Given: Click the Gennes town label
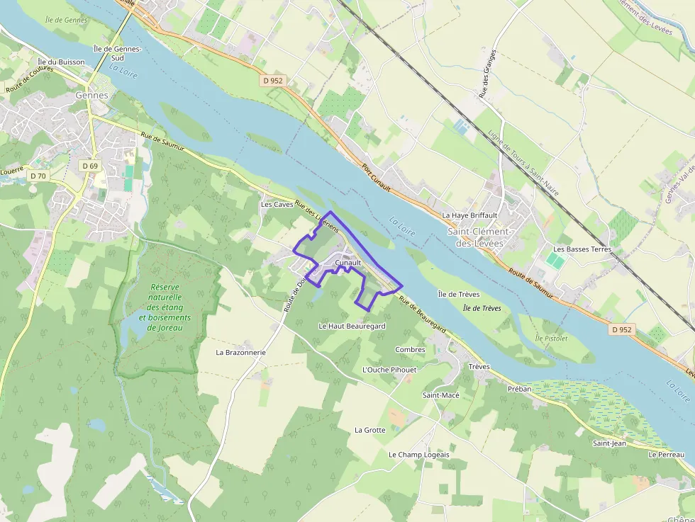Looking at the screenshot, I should point(92,95).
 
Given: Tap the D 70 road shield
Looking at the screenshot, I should point(38,175).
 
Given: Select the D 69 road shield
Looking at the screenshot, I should point(89,166).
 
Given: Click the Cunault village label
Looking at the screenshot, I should point(348,263).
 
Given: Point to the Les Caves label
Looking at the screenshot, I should point(277,205).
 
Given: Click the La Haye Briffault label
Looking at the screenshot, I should point(469,215).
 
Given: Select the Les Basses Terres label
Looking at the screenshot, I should point(582,249).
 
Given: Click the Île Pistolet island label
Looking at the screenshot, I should point(551,339).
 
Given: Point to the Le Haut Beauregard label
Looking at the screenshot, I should point(352,326).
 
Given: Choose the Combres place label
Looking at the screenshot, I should point(410,349).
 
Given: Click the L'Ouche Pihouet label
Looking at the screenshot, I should point(389,370).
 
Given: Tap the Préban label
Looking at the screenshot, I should point(519,389).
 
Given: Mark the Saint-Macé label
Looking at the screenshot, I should point(441,395).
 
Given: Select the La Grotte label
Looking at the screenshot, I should point(370,430).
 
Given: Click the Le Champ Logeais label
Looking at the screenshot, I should point(418,454).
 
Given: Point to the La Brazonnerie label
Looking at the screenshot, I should point(241,351).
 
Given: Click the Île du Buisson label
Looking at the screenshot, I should point(61,62).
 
